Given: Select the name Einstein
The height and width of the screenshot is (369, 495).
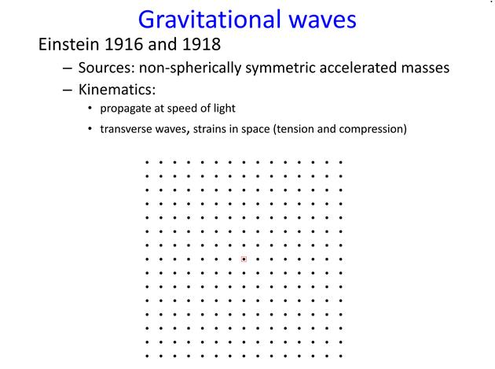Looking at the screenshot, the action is [x=68, y=44].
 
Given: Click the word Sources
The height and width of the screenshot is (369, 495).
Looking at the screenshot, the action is [x=107, y=68].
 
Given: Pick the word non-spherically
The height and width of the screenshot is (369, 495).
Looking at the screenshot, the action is [x=190, y=68].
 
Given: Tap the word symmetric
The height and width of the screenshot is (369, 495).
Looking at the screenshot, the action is [x=280, y=68].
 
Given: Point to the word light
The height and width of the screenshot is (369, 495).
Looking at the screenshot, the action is [x=225, y=108].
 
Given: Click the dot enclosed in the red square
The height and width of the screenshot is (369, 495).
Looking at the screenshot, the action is [x=244, y=260].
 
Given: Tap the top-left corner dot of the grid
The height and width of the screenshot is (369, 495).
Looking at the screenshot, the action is [x=147, y=163].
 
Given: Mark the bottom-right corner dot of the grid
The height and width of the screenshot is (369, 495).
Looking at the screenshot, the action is [x=341, y=356].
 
